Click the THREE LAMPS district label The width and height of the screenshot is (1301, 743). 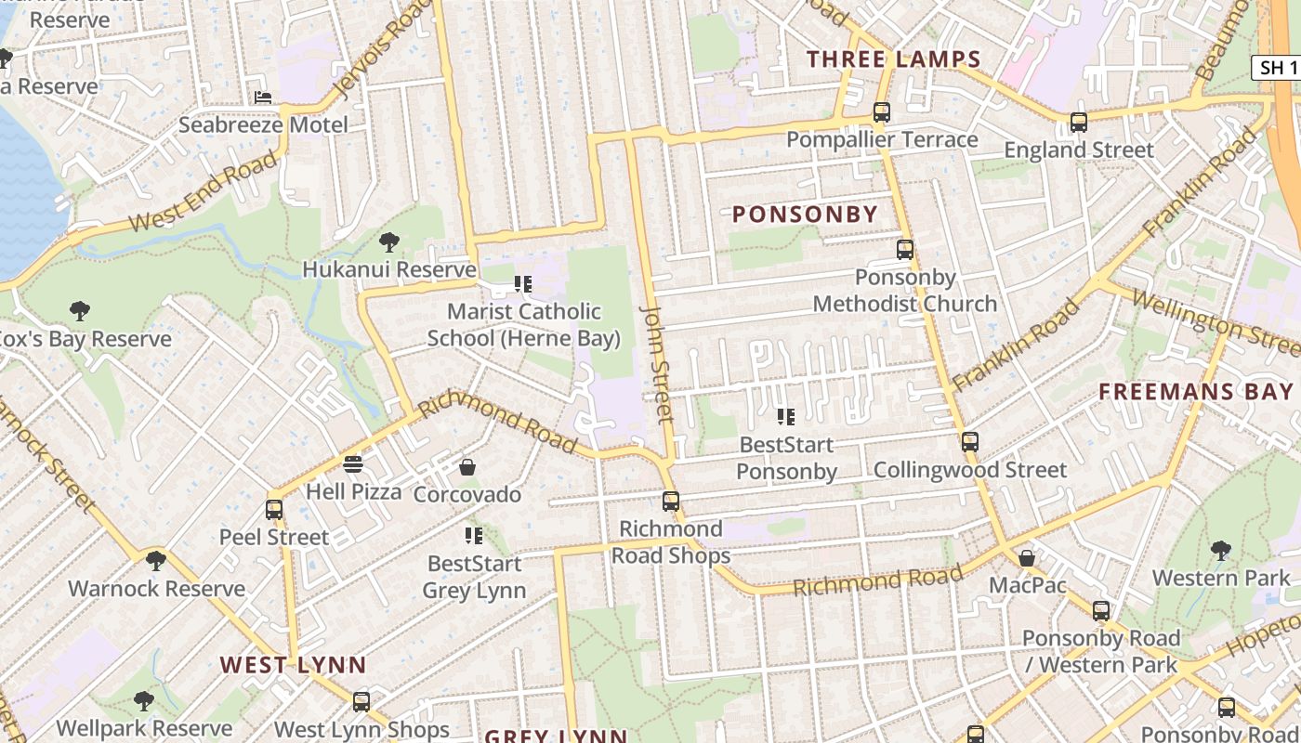(x=893, y=59)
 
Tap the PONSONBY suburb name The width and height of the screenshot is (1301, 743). (x=805, y=215)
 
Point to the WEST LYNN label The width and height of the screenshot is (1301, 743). (x=293, y=665)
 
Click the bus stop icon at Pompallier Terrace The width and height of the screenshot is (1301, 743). (x=881, y=112)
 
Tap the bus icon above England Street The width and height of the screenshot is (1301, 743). (x=1078, y=122)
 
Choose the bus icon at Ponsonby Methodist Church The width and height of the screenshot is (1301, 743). (x=904, y=249)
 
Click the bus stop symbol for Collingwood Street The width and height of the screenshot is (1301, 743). (x=969, y=442)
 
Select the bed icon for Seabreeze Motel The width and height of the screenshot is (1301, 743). (x=263, y=97)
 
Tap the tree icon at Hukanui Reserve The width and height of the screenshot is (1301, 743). (x=388, y=242)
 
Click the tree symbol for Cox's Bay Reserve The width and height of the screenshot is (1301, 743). (x=80, y=311)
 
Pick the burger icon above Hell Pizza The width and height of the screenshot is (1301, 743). (x=352, y=463)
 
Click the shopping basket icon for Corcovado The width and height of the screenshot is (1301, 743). (x=467, y=466)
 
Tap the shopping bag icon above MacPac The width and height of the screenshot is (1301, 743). (x=1027, y=557)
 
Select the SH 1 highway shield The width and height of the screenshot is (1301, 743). (x=1278, y=67)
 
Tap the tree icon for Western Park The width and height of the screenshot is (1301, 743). (x=1220, y=551)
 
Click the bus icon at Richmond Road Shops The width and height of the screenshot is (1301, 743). (x=670, y=502)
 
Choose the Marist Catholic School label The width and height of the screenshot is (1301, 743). (x=523, y=324)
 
